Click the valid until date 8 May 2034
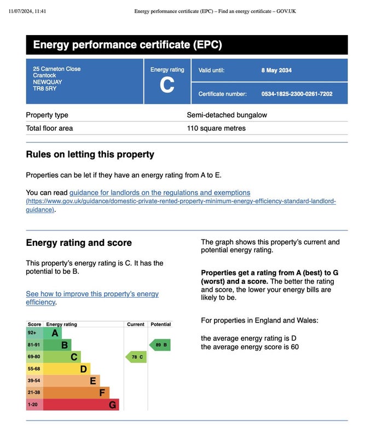pyautogui.click(x=276, y=70)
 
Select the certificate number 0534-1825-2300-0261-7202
pyautogui.click(x=297, y=94)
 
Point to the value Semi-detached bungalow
pyautogui.click(x=227, y=115)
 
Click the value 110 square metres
pyautogui.click(x=216, y=128)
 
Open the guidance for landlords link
pyautogui.click(x=160, y=193)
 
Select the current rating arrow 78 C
pyautogui.click(x=136, y=357)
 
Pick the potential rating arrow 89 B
pyautogui.click(x=160, y=345)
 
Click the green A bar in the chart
pyautogui.click(x=53, y=333)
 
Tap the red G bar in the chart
pyautogui.click(x=80, y=405)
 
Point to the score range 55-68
pyautogui.click(x=34, y=369)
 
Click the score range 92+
pyautogui.click(x=32, y=333)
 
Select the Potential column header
pyautogui.click(x=160, y=324)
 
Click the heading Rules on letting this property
pyautogui.click(x=90, y=154)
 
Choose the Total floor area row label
pyautogui.click(x=49, y=128)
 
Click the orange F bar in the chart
pyautogui.click(x=76, y=393)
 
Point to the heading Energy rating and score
pyautogui.click(x=79, y=243)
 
